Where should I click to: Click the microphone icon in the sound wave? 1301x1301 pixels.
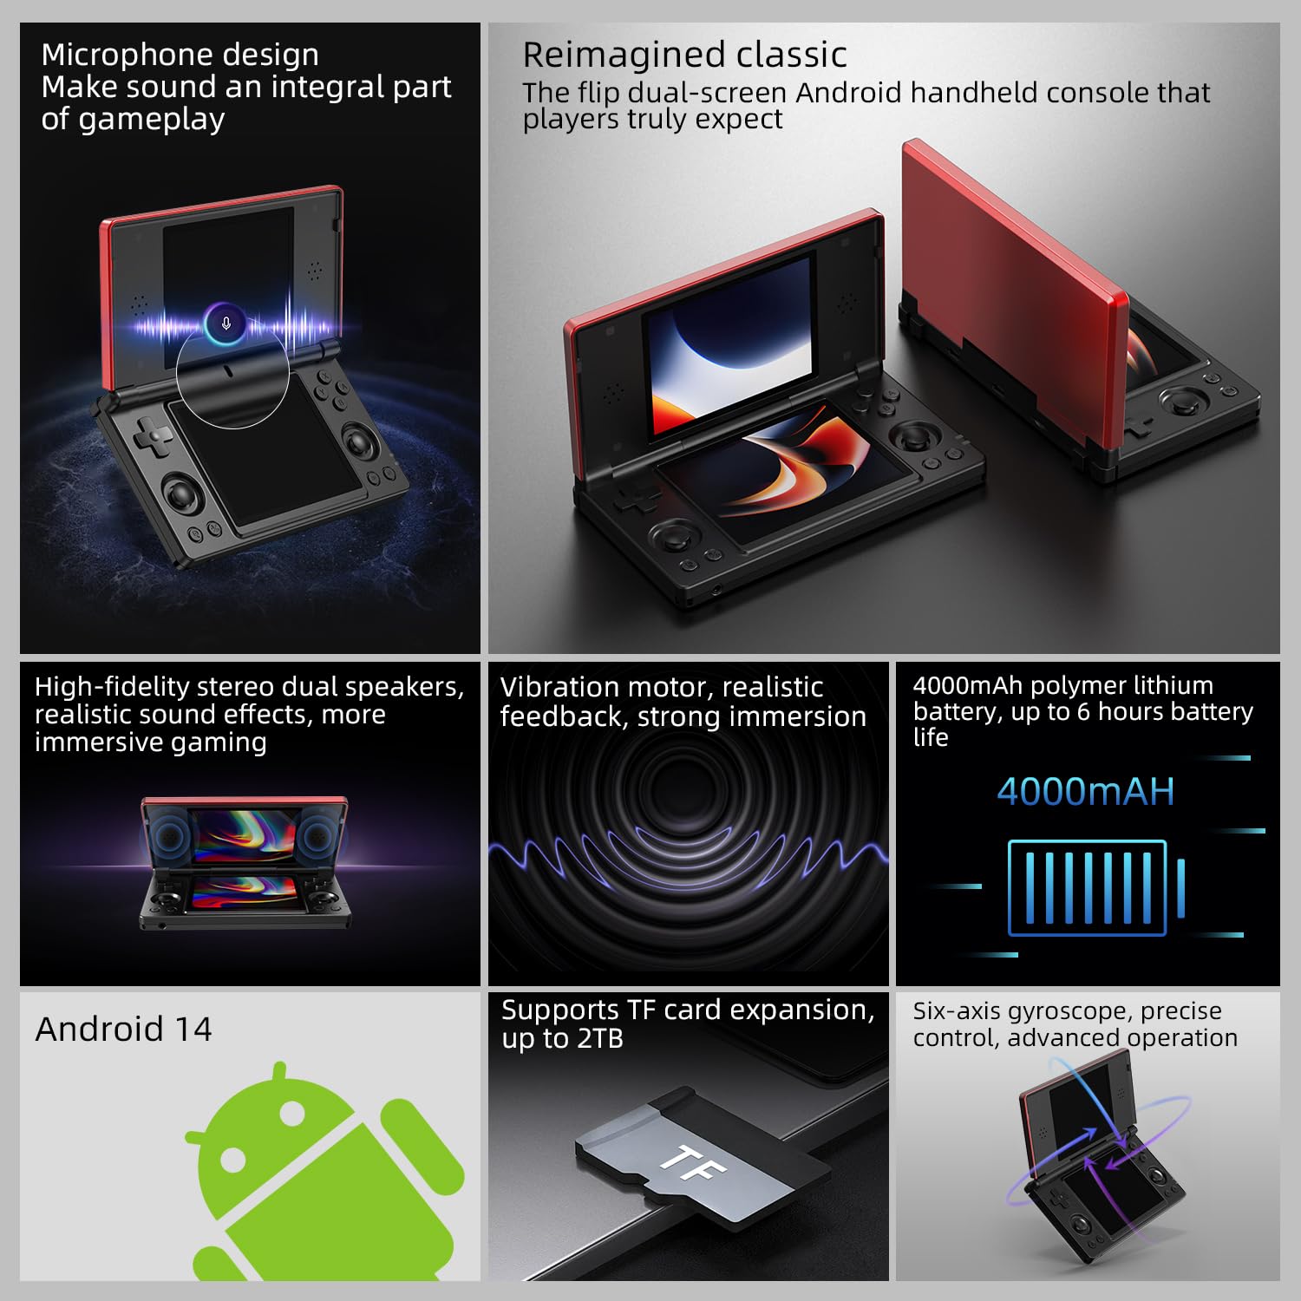pos(226,324)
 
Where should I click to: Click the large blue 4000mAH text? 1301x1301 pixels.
pos(1086,792)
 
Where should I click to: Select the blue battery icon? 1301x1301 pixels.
pos(1095,888)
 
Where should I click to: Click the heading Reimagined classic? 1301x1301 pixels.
pos(684,55)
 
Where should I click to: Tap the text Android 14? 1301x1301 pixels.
pos(123,1030)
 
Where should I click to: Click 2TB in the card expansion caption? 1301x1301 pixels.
pos(599,1039)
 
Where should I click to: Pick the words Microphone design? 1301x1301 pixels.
pos(180,55)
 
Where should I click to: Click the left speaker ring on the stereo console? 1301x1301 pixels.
pos(171,835)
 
